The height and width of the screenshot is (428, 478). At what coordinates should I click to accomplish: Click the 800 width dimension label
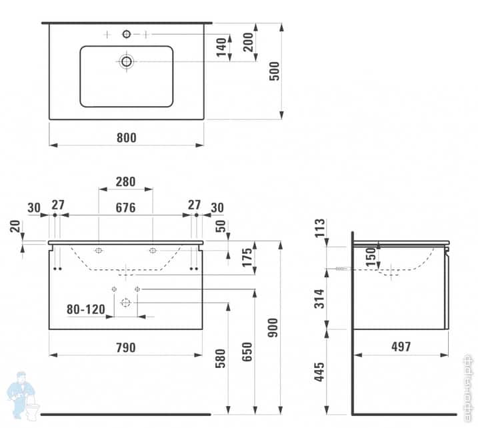126,138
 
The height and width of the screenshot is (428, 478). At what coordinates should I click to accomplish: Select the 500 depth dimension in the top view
273,71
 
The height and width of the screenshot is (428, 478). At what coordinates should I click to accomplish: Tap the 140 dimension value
220,47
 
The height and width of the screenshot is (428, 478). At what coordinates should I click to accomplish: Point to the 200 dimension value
247,42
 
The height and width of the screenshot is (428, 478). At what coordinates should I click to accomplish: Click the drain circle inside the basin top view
127,61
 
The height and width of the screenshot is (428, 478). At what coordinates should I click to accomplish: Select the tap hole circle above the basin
127,34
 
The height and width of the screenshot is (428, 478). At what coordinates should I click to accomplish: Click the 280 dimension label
125,181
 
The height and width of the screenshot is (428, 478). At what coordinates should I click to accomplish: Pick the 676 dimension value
125,208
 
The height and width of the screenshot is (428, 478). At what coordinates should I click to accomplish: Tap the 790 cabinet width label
126,347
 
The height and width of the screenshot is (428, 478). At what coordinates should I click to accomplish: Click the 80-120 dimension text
86,309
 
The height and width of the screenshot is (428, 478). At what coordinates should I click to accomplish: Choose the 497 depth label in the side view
401,347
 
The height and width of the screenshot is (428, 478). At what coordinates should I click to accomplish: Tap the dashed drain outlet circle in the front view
125,302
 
